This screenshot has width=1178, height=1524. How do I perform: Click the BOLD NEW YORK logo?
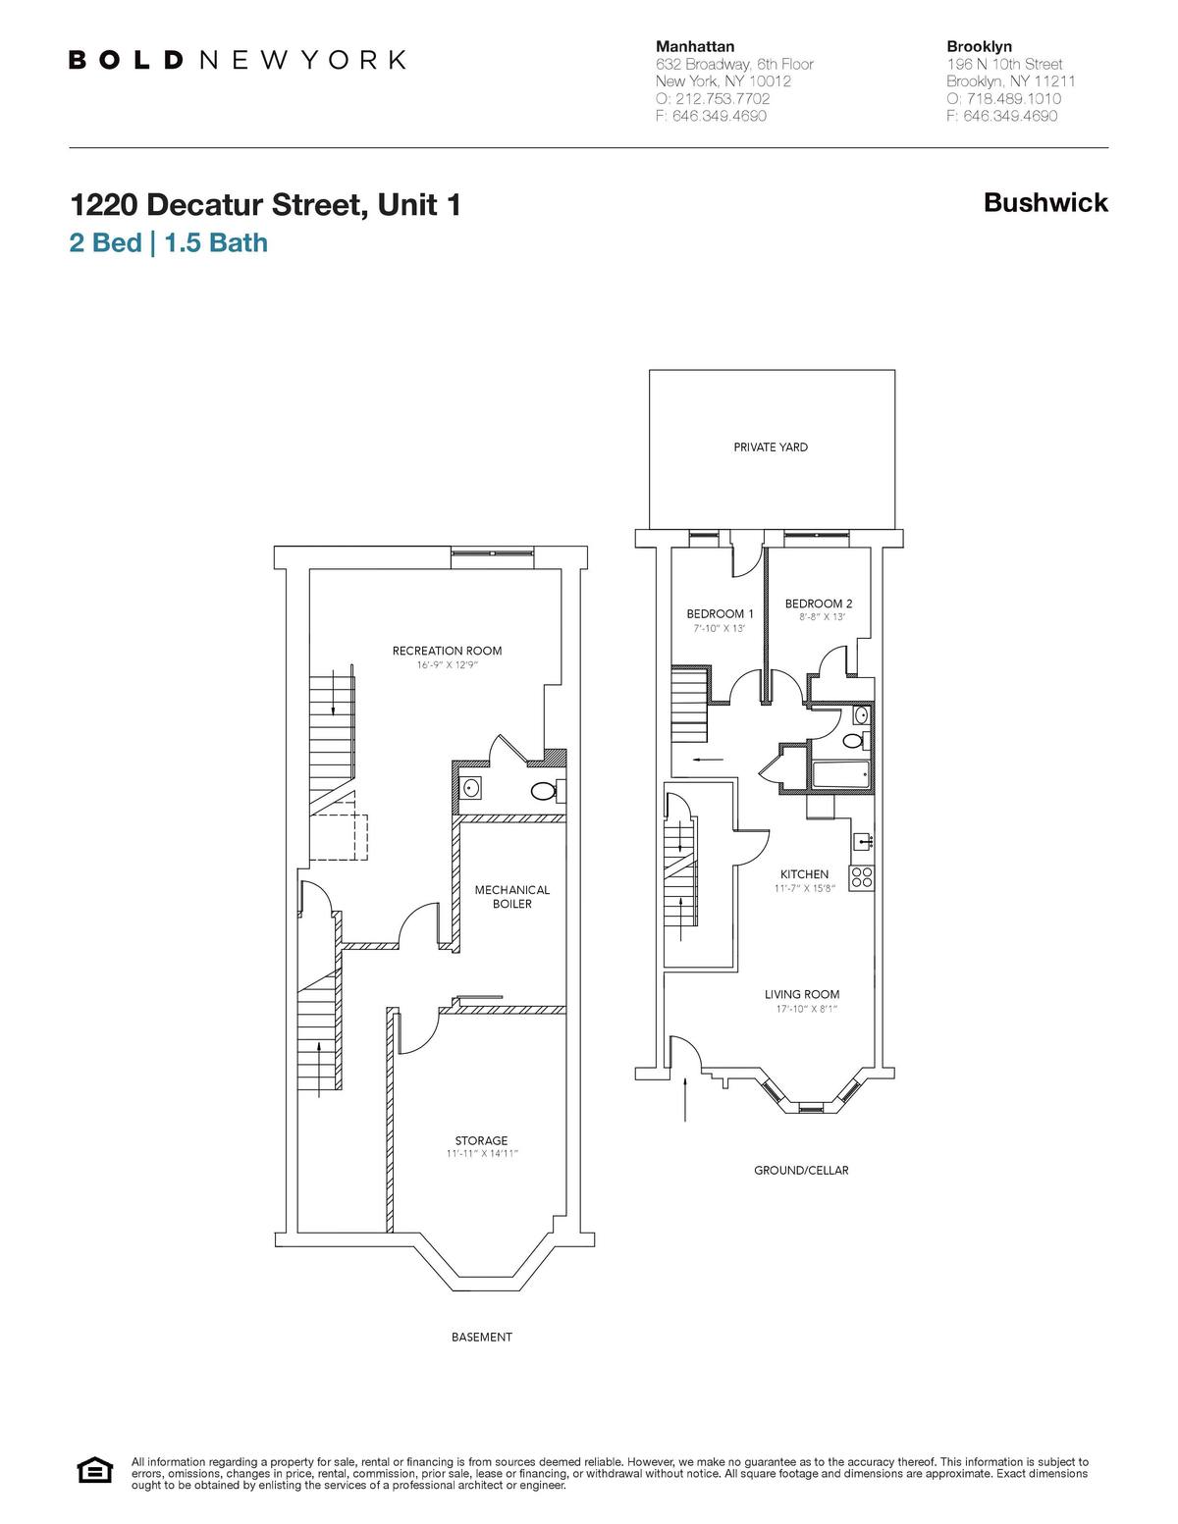[237, 60]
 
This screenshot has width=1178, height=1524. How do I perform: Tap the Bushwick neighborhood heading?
[1045, 203]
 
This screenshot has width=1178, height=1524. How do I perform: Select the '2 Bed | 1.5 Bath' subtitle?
[168, 242]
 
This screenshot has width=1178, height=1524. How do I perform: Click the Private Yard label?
[771, 447]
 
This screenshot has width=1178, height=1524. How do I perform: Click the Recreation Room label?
[447, 651]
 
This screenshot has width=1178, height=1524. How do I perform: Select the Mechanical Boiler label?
[511, 897]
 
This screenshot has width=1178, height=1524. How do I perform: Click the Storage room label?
[481, 1140]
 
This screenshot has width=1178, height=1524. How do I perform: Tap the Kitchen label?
[804, 874]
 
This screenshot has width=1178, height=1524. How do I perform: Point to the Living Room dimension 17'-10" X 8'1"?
[802, 1008]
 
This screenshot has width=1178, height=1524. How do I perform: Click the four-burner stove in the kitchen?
[862, 877]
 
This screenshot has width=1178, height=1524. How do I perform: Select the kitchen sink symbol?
[862, 841]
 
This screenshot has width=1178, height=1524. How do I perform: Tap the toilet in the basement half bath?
[543, 791]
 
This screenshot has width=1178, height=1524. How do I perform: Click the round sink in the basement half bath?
[472, 788]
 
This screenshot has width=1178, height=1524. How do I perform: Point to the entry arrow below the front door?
[684, 1099]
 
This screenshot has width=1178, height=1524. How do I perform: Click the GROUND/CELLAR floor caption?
[801, 1171]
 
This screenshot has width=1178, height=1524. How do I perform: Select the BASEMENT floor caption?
[481, 1337]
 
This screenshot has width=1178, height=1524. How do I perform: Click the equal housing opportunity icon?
[95, 1472]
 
